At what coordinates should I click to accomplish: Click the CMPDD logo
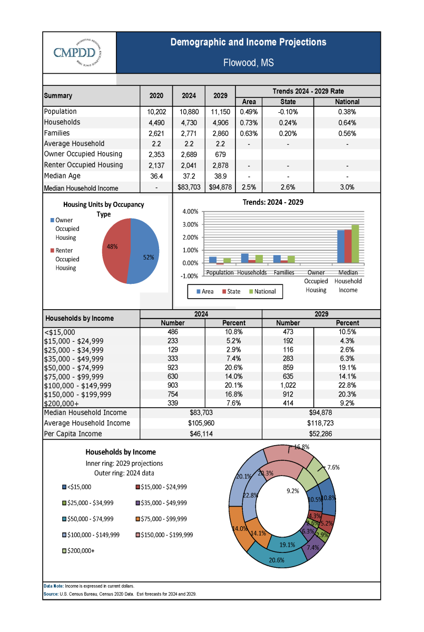(77, 53)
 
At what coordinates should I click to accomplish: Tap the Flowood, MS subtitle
(248, 63)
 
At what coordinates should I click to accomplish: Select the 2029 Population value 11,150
(220, 112)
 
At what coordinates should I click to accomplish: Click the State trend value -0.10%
(288, 112)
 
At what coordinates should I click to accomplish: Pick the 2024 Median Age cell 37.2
(189, 176)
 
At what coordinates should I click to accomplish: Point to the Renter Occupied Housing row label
(84, 165)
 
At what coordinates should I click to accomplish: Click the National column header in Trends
(347, 102)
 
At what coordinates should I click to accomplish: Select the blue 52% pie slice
(144, 251)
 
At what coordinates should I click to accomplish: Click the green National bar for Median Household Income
(355, 244)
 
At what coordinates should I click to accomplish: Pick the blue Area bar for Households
(245, 259)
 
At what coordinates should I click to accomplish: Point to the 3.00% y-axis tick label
(191, 224)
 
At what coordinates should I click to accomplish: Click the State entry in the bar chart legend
(231, 291)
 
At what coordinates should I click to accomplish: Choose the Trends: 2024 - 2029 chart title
(273, 202)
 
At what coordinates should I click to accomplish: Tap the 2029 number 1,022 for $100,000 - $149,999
(288, 386)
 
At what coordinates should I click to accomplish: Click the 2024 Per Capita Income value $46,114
(201, 434)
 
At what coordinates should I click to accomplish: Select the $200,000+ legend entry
(78, 551)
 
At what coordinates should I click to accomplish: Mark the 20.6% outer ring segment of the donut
(277, 559)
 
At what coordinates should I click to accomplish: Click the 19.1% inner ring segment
(287, 543)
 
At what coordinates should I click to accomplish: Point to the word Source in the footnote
(51, 594)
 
